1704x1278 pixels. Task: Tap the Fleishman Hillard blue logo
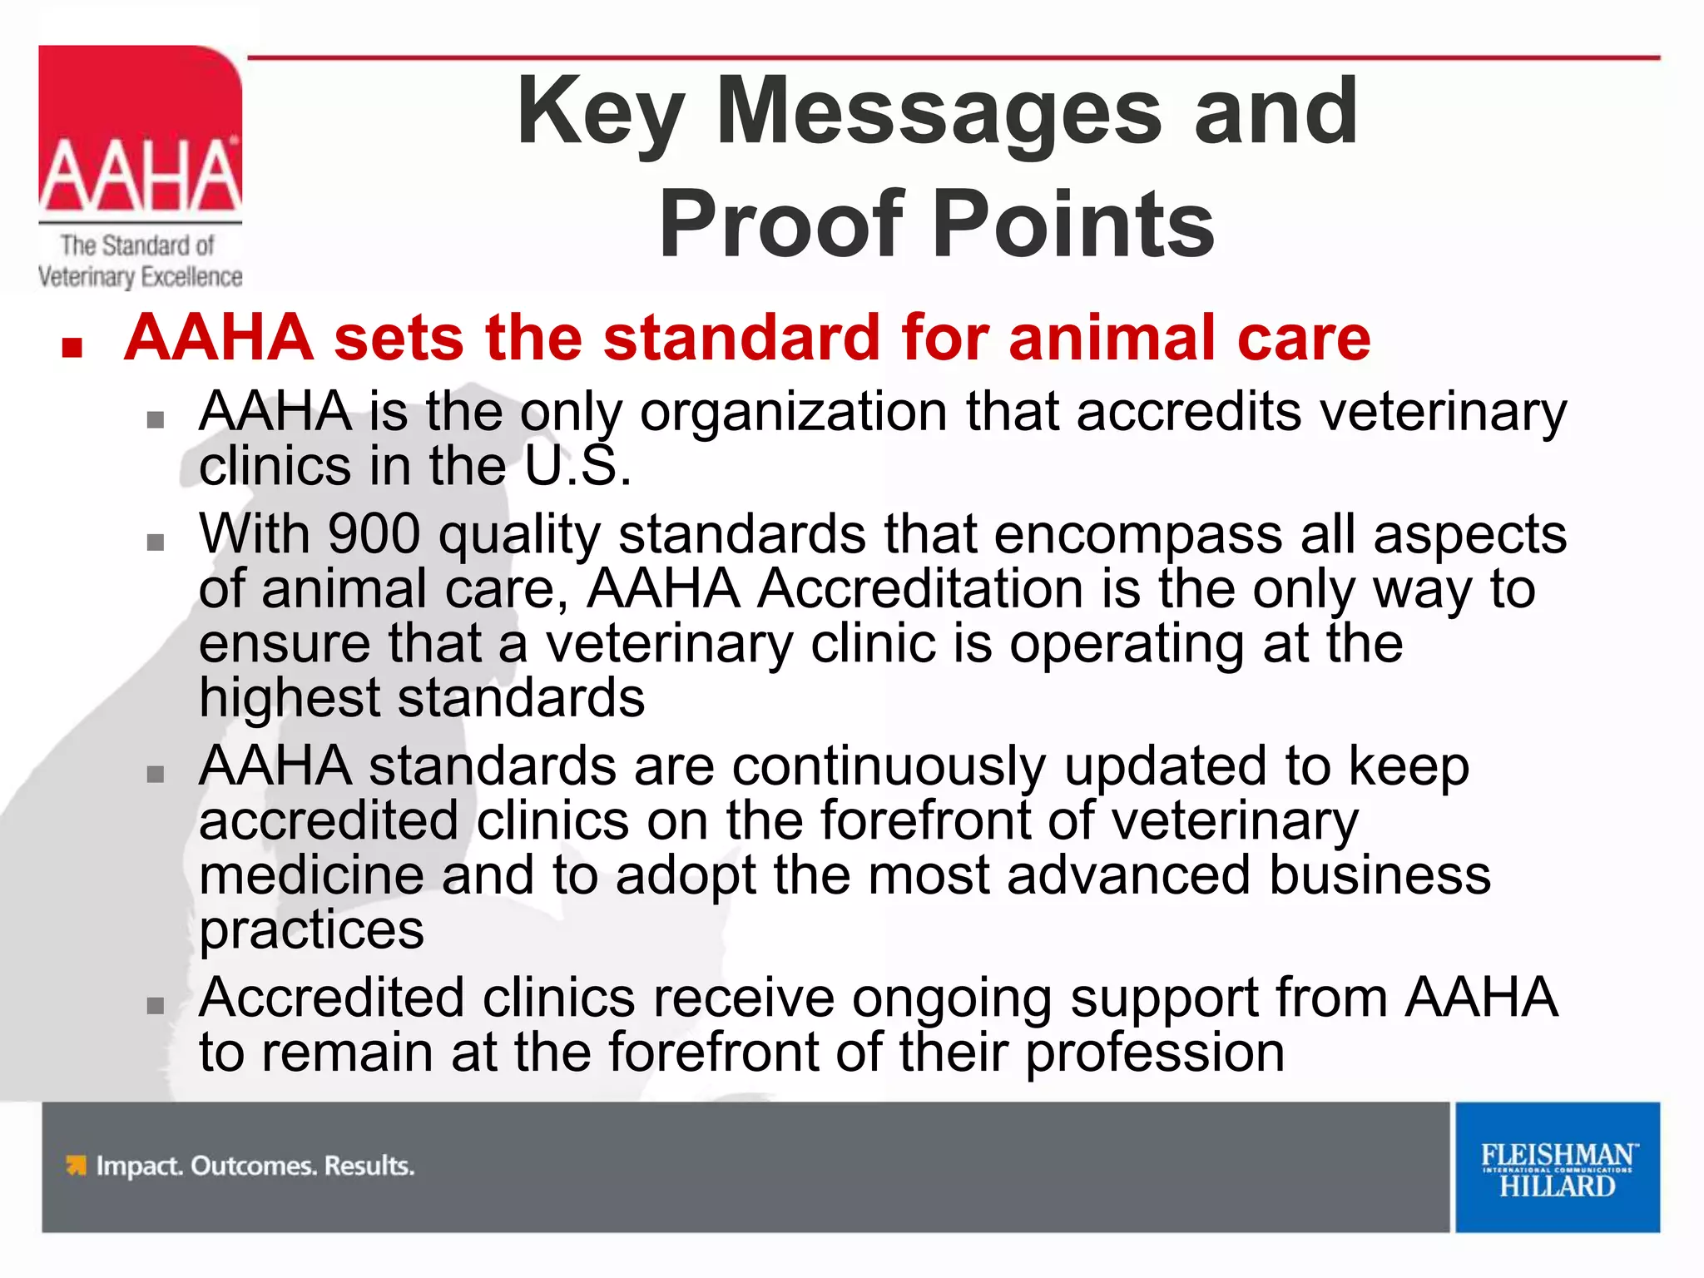click(1557, 1167)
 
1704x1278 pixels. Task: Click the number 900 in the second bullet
click(374, 534)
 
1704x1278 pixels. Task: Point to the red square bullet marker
click(72, 346)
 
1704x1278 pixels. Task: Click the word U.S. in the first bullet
click(577, 466)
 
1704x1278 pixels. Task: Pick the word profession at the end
click(1155, 1053)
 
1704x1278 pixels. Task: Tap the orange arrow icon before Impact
click(76, 1166)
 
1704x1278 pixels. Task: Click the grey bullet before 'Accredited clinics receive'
click(156, 1006)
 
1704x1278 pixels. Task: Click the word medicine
click(311, 876)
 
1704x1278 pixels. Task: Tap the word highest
click(289, 698)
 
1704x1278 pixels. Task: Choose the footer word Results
click(369, 1166)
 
